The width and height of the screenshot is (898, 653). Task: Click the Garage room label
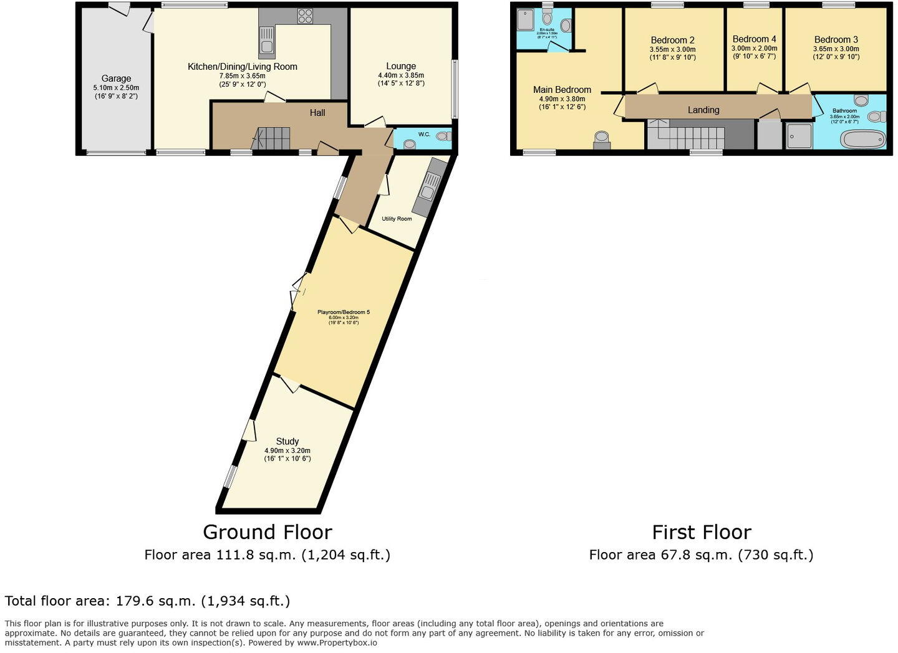coord(116,79)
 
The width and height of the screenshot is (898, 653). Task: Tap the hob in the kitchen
coord(305,16)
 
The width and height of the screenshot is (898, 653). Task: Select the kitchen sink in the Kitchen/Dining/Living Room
coord(266,42)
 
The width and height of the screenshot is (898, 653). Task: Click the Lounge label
coord(401,66)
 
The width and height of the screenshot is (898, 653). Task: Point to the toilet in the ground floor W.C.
coord(442,136)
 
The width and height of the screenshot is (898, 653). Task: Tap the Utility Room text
coord(397,219)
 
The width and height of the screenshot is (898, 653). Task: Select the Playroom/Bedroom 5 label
coord(343,312)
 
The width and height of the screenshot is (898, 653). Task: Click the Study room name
coord(287,441)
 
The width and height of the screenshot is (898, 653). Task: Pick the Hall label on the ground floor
coord(317,113)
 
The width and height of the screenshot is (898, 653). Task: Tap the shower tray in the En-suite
coord(526,21)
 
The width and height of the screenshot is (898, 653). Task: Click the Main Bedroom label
coord(562,90)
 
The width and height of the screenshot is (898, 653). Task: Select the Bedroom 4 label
coord(754,39)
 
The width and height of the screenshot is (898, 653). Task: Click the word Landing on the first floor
coord(703,110)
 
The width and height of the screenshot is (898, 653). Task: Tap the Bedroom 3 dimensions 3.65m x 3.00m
coord(836,49)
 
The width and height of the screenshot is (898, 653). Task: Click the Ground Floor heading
coord(267,532)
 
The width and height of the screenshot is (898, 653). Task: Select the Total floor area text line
coord(147,601)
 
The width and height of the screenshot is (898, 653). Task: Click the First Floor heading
coord(701,532)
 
